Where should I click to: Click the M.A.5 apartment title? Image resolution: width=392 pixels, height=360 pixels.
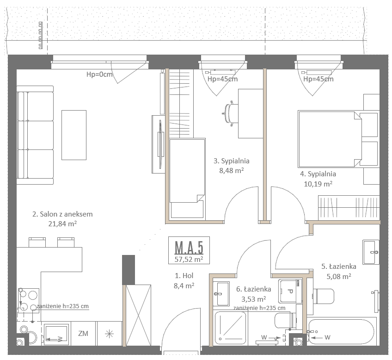click(189, 248)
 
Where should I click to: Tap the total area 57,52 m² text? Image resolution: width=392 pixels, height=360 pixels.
click(189, 260)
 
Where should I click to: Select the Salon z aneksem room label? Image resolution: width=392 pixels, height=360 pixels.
click(62, 214)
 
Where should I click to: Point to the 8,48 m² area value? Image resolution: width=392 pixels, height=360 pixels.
click(232, 170)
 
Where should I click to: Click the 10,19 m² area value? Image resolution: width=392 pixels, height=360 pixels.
click(318, 184)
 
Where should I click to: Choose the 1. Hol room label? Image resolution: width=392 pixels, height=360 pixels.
click(184, 276)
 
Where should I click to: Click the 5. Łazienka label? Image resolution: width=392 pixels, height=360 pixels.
click(339, 267)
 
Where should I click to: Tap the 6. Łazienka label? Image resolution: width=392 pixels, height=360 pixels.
click(253, 289)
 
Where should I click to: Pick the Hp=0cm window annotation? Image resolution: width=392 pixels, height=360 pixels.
click(99, 74)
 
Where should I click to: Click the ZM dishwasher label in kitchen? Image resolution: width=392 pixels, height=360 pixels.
click(83, 334)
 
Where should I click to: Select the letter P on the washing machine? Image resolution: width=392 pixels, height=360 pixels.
click(290, 292)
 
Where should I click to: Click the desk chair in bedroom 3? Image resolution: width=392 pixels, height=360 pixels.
click(229, 113)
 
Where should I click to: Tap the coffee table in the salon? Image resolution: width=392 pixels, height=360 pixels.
click(74, 135)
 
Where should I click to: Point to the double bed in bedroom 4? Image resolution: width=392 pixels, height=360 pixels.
click(330, 139)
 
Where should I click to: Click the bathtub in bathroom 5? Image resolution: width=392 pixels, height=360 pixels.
click(342, 331)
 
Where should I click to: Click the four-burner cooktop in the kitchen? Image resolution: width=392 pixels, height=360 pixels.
click(29, 300)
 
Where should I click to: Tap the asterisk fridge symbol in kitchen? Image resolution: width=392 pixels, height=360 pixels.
click(109, 334)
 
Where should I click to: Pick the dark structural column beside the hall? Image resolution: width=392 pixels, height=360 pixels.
click(129, 270)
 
